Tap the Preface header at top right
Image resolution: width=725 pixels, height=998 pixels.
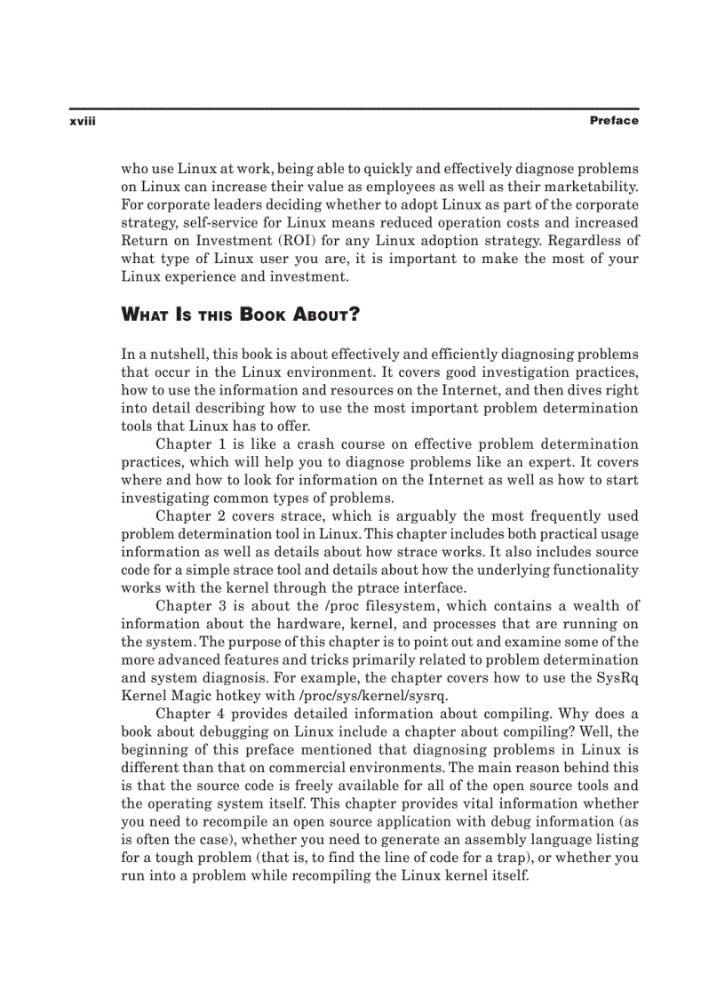[614, 121]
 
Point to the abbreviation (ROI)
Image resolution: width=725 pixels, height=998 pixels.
[313, 241]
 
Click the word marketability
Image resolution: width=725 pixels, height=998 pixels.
[593, 186]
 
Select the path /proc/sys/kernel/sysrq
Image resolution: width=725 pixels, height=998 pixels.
[356, 696]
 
